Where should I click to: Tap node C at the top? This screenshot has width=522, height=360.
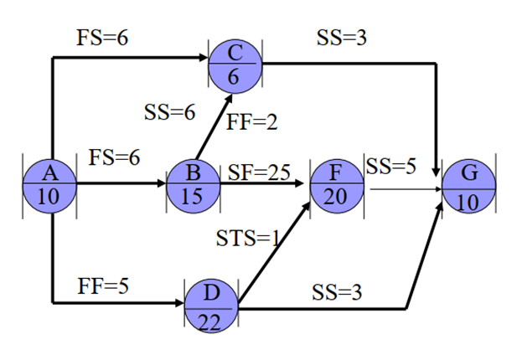point(235,62)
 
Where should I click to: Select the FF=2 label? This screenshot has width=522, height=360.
point(251,121)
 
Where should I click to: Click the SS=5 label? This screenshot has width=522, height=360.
point(390,166)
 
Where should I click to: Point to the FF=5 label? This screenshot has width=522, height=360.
point(103,285)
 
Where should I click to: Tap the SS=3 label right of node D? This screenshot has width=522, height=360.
point(337,292)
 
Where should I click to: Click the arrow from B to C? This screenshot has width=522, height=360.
point(209,126)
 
